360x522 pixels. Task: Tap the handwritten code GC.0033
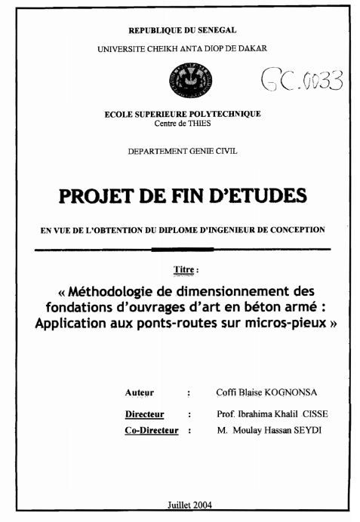[x=301, y=79]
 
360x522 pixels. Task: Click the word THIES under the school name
[x=198, y=123]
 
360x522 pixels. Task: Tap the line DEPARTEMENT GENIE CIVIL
[x=183, y=151]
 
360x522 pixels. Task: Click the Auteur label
[x=140, y=392]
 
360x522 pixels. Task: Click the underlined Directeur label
[x=145, y=414]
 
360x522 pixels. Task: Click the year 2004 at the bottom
[x=203, y=504]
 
